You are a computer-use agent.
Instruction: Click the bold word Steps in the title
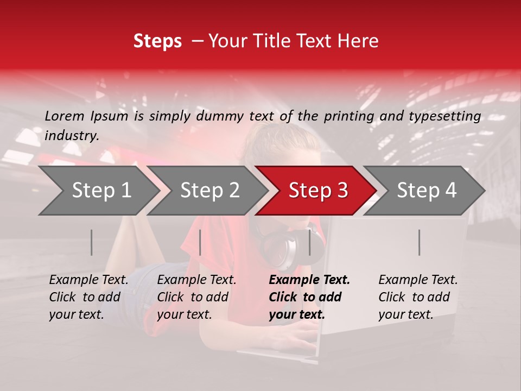pos(157,41)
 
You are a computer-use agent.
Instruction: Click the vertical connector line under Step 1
pos(92,242)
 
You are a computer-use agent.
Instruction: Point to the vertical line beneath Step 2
pos(200,242)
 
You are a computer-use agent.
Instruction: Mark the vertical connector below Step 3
pos(309,242)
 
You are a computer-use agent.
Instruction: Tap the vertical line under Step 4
pos(419,242)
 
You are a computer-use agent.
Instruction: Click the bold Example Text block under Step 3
pos(309,297)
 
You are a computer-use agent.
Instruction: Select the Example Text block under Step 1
pos(89,297)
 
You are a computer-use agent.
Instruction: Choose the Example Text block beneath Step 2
pos(196,297)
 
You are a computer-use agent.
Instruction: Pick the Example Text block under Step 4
pos(418,297)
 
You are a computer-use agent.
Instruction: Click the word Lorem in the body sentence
pos(65,116)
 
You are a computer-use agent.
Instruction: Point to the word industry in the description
pos(72,136)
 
